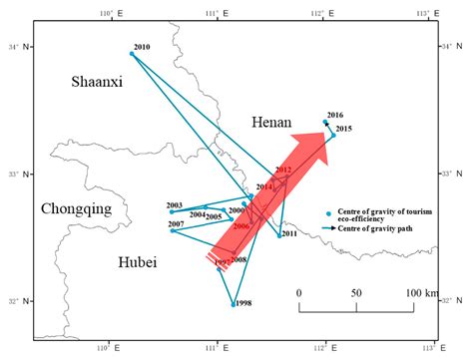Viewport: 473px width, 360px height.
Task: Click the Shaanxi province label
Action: [97, 83]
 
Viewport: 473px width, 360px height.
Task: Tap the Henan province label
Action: [271, 121]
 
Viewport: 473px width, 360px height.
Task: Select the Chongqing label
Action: [76, 209]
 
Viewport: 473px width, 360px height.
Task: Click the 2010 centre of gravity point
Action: [132, 54]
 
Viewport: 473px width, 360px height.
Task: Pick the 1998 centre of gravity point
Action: [235, 304]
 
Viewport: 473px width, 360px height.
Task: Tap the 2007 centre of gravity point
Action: [172, 231]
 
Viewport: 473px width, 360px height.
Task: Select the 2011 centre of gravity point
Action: [279, 235]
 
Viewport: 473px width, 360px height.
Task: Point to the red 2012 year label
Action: [283, 171]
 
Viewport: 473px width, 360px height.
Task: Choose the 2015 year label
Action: [343, 129]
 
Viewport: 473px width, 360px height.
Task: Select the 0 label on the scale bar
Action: [298, 292]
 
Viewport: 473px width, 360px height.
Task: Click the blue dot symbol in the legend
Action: [328, 212]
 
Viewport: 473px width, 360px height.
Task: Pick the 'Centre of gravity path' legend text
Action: [376, 229]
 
